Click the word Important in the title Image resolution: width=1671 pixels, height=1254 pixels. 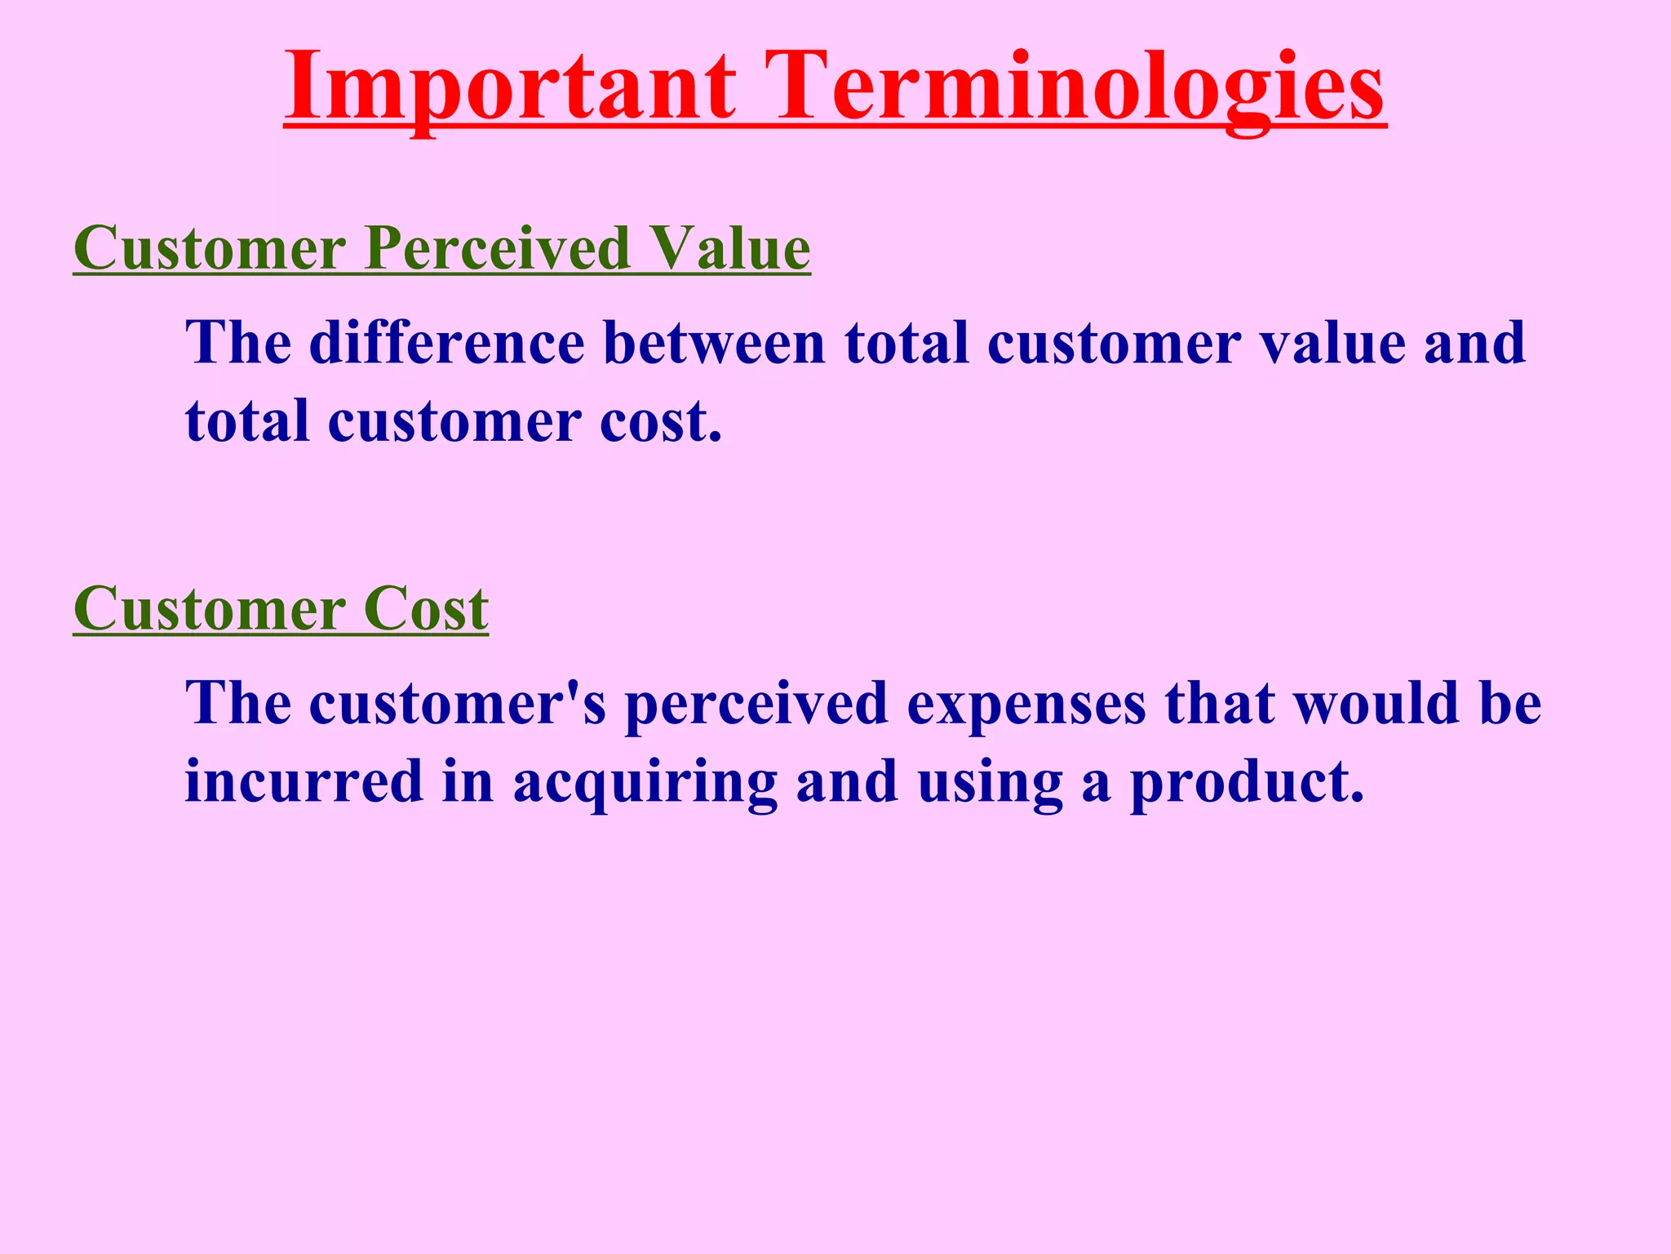pos(511,86)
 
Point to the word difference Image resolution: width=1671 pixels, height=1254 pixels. pos(447,342)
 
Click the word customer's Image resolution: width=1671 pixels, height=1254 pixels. pos(458,703)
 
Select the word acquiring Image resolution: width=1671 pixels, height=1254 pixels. pos(645,781)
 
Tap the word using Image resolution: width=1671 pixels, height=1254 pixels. pos(991,781)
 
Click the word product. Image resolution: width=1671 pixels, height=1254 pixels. pos(1246,781)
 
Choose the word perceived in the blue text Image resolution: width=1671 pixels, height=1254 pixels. pos(756,703)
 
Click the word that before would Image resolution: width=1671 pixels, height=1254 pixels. pos(1219,703)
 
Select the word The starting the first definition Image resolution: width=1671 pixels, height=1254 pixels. pos(238,342)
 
